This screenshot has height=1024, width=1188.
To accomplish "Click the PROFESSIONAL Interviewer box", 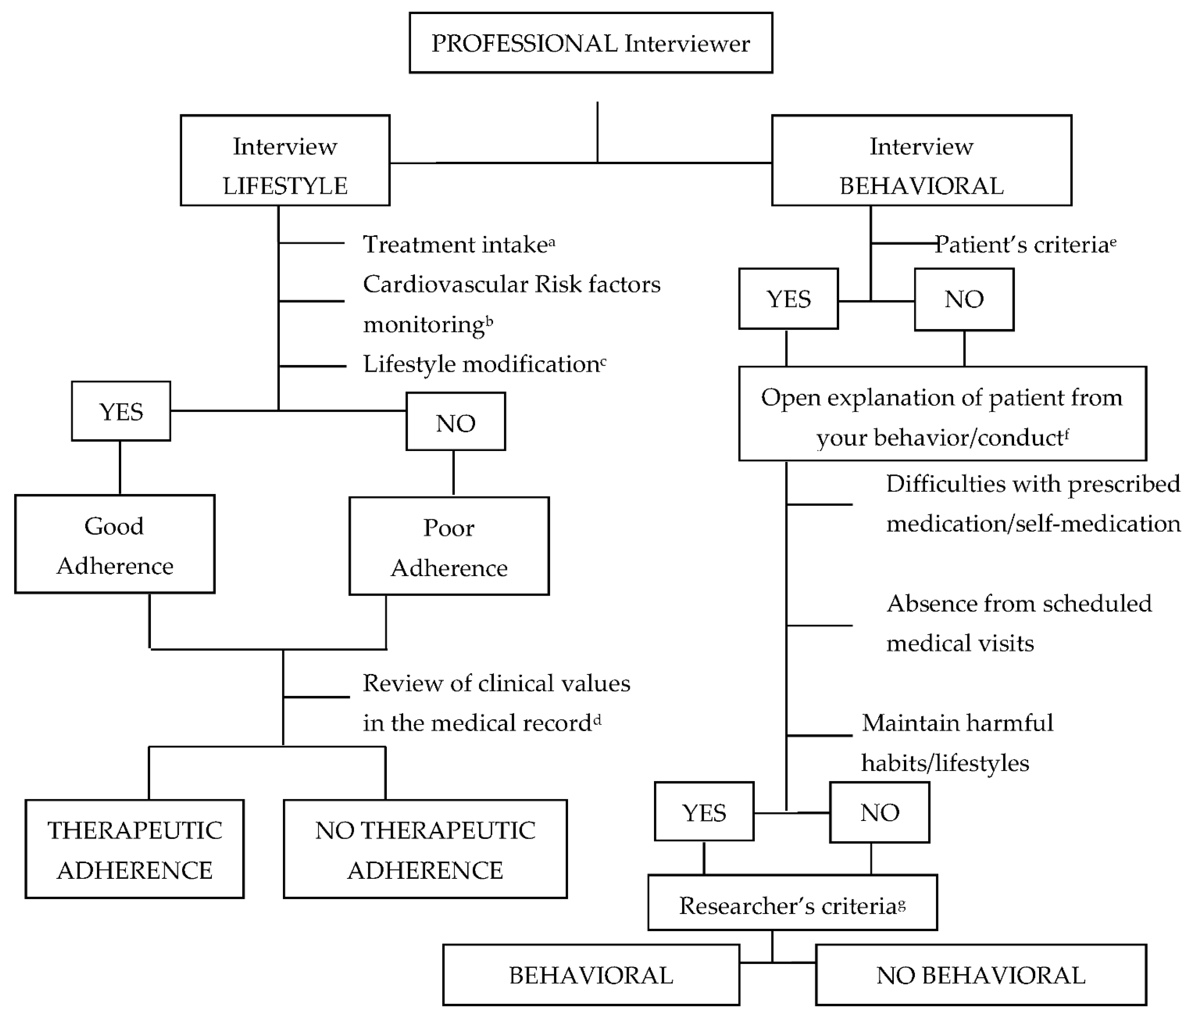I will click(590, 43).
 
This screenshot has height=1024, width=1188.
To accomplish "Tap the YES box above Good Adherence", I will click(121, 411).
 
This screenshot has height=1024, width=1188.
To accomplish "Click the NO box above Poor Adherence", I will click(456, 422).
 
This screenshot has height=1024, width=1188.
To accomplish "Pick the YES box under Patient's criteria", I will click(788, 299).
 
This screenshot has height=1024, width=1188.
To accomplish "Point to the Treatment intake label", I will click(456, 244).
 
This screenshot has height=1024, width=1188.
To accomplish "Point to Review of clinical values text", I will click(496, 684).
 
